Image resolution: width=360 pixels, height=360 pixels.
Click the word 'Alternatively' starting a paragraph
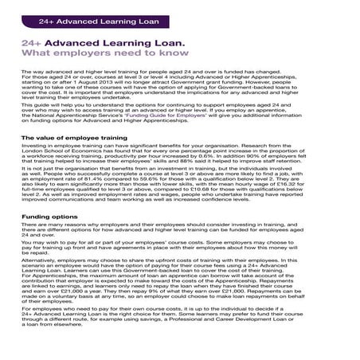tap(42, 259)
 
